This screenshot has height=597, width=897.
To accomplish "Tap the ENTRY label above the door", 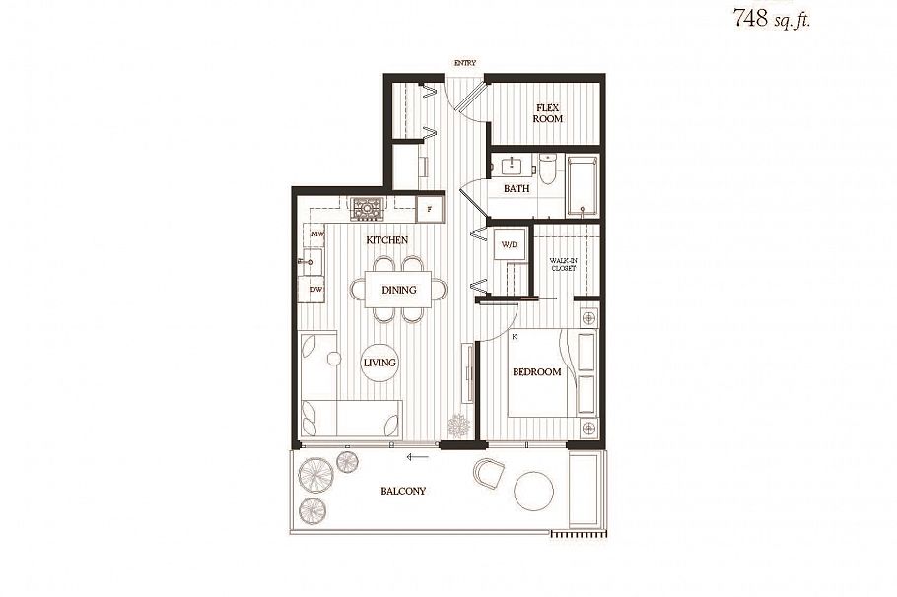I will (464, 64).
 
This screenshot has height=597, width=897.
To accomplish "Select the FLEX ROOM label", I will (548, 112).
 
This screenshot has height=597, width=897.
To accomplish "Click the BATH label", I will (517, 188).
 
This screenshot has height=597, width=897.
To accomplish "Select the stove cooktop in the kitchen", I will (367, 208).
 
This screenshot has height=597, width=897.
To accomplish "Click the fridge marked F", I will (429, 209).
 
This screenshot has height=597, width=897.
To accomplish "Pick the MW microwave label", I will (317, 234).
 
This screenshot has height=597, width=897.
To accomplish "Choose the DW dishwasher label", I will (317, 290).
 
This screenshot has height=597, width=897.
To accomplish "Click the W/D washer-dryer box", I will (510, 244).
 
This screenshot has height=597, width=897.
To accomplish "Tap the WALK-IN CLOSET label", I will (563, 264).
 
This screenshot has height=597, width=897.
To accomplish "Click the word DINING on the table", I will (399, 290).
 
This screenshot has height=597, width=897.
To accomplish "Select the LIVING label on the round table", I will (379, 363).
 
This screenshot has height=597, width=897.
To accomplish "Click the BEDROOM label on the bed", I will (536, 372).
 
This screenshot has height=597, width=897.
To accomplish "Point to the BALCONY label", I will (403, 491).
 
